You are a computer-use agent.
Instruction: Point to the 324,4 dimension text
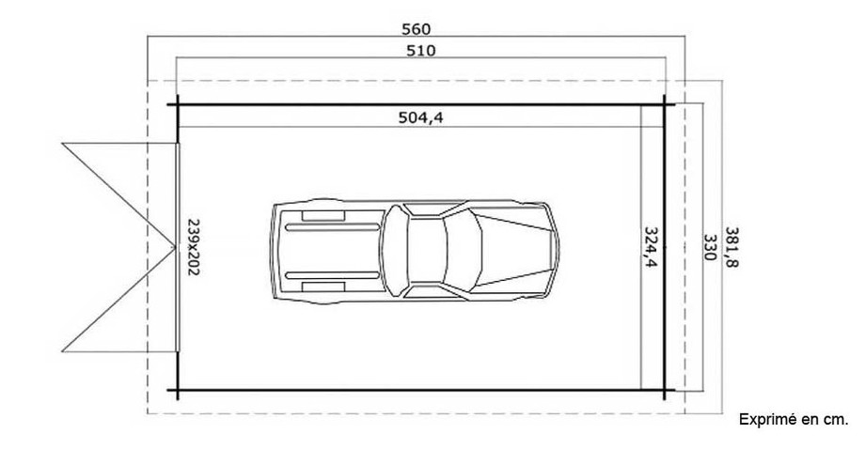(x=650, y=247)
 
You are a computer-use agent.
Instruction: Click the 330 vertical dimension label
(x=710, y=249)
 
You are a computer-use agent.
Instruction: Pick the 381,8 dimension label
(x=731, y=249)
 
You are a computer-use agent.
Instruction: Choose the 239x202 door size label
(x=195, y=247)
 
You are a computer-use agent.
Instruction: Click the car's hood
(x=517, y=249)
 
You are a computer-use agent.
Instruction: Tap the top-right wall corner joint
(x=665, y=102)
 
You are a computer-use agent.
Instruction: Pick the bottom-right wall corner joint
(x=665, y=390)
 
